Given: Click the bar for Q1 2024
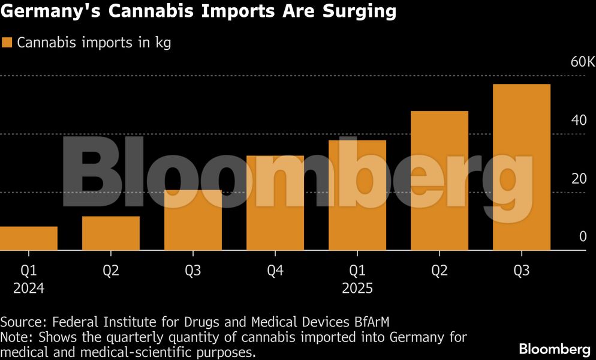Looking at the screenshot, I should [29, 238].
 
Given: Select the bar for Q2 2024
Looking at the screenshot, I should [111, 233].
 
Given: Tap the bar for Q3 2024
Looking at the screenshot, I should [193, 220].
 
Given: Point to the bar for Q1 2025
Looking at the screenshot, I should [357, 195].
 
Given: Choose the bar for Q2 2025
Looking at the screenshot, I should [440, 181].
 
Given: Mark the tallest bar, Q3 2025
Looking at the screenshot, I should [522, 167].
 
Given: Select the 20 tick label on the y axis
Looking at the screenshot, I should [579, 179].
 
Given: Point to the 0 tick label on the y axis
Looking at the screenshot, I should [582, 237].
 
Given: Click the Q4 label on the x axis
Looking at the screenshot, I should [275, 271].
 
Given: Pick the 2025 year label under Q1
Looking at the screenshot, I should [357, 289].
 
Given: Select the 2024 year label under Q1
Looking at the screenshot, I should [29, 289].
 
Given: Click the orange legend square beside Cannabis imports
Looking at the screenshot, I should [7, 43].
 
